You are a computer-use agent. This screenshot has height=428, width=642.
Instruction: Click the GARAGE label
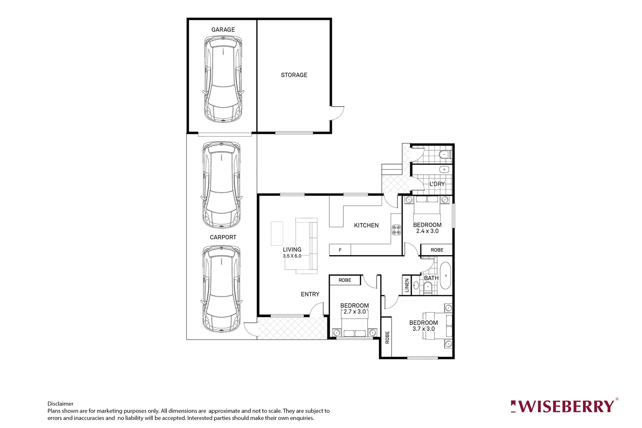[x=223, y=30]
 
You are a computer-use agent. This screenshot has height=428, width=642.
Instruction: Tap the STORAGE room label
[x=294, y=75]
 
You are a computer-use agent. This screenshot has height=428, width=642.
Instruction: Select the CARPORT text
[x=223, y=237]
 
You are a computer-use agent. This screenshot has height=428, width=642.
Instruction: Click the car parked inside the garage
[x=223, y=79]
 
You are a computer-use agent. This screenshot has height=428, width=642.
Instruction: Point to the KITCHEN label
[x=366, y=225]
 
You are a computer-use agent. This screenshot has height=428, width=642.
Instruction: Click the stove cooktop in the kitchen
[x=396, y=230]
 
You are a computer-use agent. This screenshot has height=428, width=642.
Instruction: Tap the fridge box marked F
[x=340, y=250]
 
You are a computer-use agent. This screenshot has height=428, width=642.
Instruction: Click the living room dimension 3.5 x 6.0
[x=292, y=256]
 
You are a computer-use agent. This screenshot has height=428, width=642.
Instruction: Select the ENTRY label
[x=310, y=294]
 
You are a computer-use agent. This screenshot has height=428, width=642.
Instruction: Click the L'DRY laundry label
[x=437, y=184]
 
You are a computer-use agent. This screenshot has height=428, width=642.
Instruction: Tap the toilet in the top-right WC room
[x=445, y=155]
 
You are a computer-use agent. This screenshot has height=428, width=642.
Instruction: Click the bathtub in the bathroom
[x=446, y=275]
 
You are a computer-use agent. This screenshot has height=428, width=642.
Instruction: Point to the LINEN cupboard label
[x=407, y=285]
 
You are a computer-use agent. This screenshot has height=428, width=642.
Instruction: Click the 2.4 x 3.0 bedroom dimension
[x=427, y=231]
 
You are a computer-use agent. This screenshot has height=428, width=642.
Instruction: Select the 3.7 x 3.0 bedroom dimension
[x=424, y=329]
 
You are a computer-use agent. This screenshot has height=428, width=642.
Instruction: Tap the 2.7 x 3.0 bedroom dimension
[x=355, y=312]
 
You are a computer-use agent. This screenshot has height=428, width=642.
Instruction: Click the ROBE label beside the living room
[x=345, y=280]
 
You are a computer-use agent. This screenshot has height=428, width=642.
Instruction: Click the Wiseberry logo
[x=564, y=406]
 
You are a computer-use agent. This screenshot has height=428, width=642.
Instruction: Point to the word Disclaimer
[x=61, y=404]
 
